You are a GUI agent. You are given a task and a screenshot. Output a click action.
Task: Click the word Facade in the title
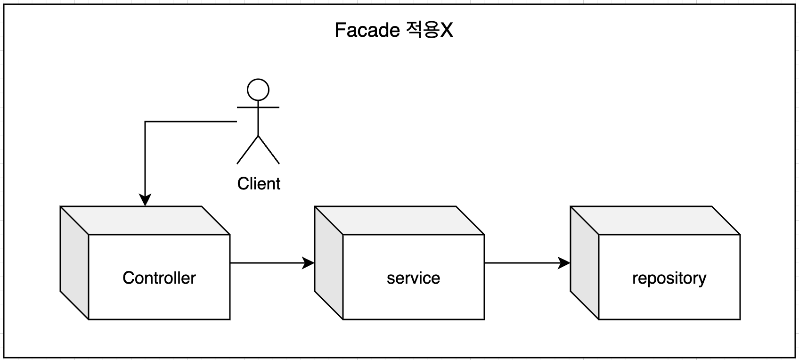pos(367,31)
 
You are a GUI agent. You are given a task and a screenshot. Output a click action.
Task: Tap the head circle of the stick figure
pos(258,90)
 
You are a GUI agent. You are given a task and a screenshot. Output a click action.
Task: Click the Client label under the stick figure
pos(259,184)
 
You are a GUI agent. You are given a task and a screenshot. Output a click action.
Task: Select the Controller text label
pos(159,278)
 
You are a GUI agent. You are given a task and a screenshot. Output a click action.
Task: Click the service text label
pos(413,278)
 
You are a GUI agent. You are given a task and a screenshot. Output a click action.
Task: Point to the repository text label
pos(669,278)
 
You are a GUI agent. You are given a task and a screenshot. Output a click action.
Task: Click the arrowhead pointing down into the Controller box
pos(145,200)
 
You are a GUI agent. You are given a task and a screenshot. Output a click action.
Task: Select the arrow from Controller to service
pos(269,263)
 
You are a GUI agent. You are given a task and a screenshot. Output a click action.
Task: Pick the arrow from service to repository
pos(523,263)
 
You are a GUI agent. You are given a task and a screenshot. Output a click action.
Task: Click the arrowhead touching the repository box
pos(563,263)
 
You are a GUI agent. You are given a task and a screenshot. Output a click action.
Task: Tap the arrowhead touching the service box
pos(308,263)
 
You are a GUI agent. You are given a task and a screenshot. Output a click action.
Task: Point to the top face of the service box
pos(399,220)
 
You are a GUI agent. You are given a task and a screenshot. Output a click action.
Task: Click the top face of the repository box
pos(655,220)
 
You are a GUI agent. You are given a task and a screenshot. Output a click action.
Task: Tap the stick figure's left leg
pos(247,150)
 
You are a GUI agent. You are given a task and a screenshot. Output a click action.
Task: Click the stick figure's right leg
pos(269,150)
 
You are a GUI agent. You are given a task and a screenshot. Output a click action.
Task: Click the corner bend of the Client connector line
pos(145,122)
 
